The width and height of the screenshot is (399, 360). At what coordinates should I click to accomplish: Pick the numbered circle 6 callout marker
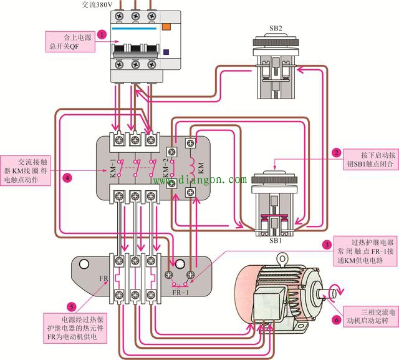point(337,319)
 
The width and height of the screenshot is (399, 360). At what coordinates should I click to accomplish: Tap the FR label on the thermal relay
point(104,278)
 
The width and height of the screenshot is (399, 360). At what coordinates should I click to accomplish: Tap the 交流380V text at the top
point(97,4)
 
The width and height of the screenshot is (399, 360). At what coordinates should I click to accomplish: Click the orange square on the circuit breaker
point(166,27)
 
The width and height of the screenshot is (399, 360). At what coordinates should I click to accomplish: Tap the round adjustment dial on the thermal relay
point(183,264)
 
